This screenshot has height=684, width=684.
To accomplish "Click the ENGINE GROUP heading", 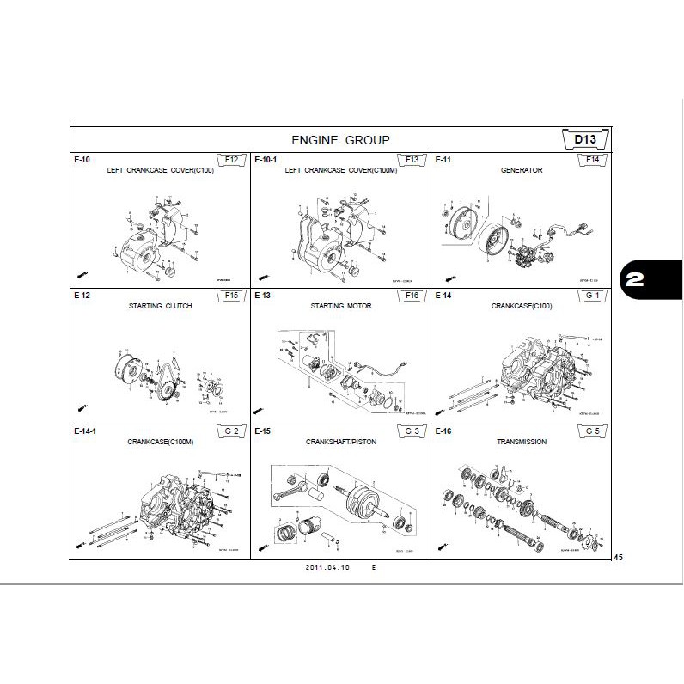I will click(340, 139).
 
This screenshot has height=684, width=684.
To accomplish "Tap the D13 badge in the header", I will click(585, 139).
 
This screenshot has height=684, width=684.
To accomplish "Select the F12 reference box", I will click(231, 160).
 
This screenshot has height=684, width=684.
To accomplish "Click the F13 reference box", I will click(412, 160).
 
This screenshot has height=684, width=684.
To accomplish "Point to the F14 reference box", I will click(592, 160).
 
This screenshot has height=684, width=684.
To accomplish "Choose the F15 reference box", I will click(231, 296).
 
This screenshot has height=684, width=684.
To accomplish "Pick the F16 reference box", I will click(412, 296).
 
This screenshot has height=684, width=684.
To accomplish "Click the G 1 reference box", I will click(592, 296).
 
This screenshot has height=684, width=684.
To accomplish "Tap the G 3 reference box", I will click(412, 431).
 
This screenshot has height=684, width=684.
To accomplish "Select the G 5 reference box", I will click(592, 431).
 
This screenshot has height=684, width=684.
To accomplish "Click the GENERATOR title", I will click(521, 171).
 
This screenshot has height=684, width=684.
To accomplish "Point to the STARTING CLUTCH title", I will click(160, 306).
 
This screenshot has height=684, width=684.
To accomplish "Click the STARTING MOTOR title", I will click(340, 306).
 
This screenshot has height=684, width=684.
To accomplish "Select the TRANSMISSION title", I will click(521, 442).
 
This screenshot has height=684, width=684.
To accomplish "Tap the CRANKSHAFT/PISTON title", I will click(340, 442).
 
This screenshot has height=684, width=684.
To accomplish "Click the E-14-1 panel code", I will click(84, 431).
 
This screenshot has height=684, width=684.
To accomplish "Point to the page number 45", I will click(618, 558).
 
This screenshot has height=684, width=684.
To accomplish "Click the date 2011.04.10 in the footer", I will click(326, 568).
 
